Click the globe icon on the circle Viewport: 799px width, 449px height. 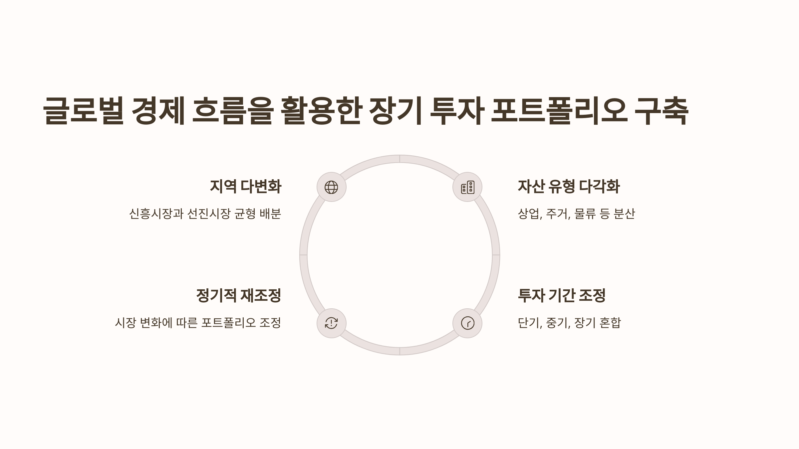coord(331,187)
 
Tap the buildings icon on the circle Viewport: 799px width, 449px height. coord(467,187)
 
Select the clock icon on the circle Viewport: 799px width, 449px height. coord(467,323)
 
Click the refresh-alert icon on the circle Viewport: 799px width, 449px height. coord(331,323)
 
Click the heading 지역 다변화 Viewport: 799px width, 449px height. coord(245,186)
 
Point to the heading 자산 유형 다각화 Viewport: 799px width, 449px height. coord(569,186)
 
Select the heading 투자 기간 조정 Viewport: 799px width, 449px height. coord(561,295)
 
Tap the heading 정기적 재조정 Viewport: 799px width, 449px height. coord(238,295)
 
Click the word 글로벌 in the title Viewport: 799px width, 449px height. coord(83,111)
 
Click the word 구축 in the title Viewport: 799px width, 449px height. coord(661,111)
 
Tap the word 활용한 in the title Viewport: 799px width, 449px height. coord(321,111)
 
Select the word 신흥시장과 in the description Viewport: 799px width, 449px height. coord(156,214)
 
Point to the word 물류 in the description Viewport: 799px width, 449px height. coord(585,214)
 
